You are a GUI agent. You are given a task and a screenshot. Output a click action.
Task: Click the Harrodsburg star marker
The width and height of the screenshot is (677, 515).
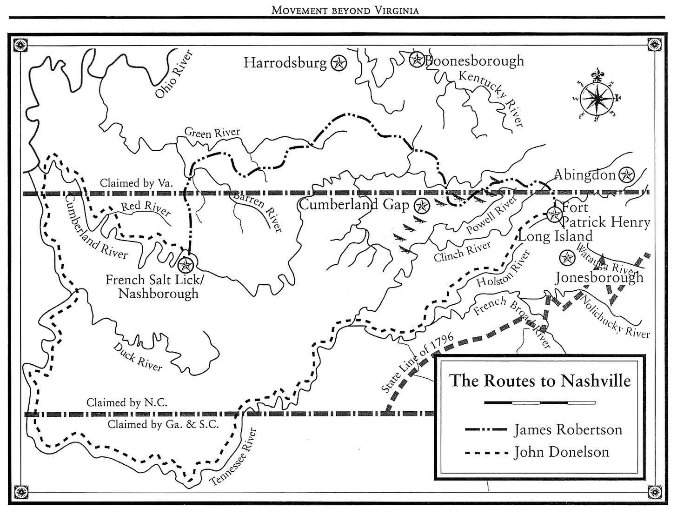pyautogui.click(x=339, y=63)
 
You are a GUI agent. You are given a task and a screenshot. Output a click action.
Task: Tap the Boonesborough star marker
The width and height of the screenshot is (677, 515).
pyautogui.click(x=417, y=59)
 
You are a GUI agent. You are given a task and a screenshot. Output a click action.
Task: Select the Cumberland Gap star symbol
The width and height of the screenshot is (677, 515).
pyautogui.click(x=422, y=205)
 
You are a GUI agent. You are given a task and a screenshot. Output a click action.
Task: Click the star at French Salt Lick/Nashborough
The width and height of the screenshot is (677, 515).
pyautogui.click(x=186, y=265)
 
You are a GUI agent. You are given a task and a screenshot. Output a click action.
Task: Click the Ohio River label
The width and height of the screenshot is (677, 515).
pyautogui.click(x=174, y=74)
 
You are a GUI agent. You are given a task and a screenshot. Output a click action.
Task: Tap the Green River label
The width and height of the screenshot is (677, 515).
pyautogui.click(x=212, y=132)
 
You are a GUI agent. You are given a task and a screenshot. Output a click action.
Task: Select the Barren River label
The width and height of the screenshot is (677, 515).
pyautogui.click(x=257, y=211)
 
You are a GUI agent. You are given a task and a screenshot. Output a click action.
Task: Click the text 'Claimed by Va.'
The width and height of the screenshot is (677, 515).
pyautogui.click(x=136, y=183)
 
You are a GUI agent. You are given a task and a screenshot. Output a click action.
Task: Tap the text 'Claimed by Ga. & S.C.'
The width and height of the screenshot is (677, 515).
pyautogui.click(x=163, y=424)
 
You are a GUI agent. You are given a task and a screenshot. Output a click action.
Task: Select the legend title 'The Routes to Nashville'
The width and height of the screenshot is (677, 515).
pyautogui.click(x=540, y=381)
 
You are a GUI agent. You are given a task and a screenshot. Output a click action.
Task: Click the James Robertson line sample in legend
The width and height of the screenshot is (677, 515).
pyautogui.click(x=486, y=430)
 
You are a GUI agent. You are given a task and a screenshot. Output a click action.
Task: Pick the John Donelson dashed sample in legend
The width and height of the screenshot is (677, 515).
pyautogui.click(x=486, y=452)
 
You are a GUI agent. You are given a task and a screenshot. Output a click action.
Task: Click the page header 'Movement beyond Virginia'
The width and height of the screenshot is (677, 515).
pyautogui.click(x=345, y=10)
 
